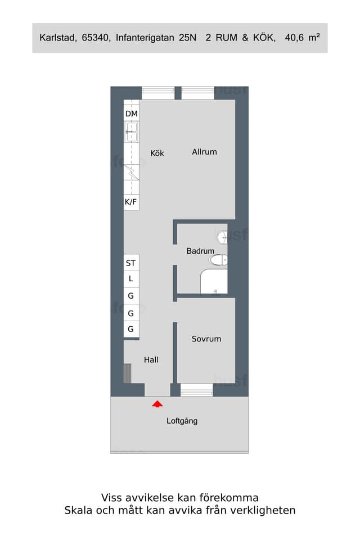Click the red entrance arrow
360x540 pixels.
(157, 404)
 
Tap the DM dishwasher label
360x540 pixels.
(131, 114)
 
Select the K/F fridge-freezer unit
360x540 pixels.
(131, 202)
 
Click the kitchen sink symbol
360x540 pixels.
(131, 132)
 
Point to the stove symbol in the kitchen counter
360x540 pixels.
(131, 172)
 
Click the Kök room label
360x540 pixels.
(157, 153)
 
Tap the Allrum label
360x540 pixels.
(204, 151)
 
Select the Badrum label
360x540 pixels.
(200, 251)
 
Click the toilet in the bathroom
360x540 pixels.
(218, 260)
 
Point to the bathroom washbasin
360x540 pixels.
(223, 237)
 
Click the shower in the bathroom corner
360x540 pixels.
(214, 281)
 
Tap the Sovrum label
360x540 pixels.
(206, 339)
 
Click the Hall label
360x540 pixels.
(151, 360)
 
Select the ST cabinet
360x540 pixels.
(131, 263)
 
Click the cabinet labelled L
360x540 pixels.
(131, 279)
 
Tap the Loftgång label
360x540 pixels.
(182, 421)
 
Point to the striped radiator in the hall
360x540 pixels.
(128, 373)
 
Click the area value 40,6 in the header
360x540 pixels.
(294, 38)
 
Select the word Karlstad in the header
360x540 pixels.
(58, 38)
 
